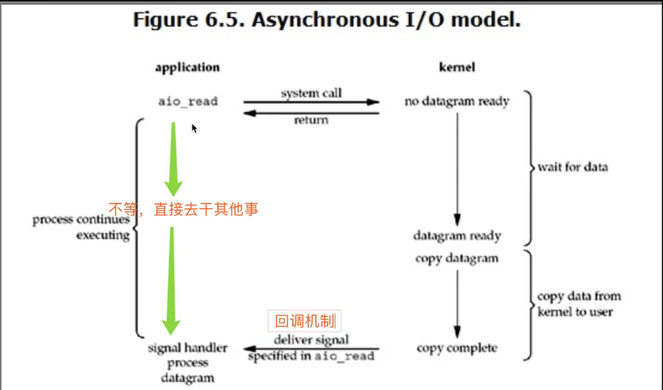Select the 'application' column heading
(187, 68)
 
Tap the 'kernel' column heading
(457, 68)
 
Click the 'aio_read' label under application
(188, 101)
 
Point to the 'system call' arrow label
(311, 93)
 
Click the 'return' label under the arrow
(311, 120)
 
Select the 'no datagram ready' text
(457, 101)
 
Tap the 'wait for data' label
(573, 167)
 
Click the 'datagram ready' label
(457, 235)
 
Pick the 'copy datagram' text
(457, 258)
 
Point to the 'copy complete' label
(457, 348)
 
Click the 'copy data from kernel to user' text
(579, 304)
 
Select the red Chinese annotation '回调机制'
(305, 321)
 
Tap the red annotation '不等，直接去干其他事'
(183, 208)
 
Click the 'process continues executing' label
(81, 227)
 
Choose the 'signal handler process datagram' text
(188, 363)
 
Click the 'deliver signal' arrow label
(311, 340)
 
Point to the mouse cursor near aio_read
(194, 128)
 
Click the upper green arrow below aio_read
(173, 158)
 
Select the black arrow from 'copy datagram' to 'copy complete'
(457, 304)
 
